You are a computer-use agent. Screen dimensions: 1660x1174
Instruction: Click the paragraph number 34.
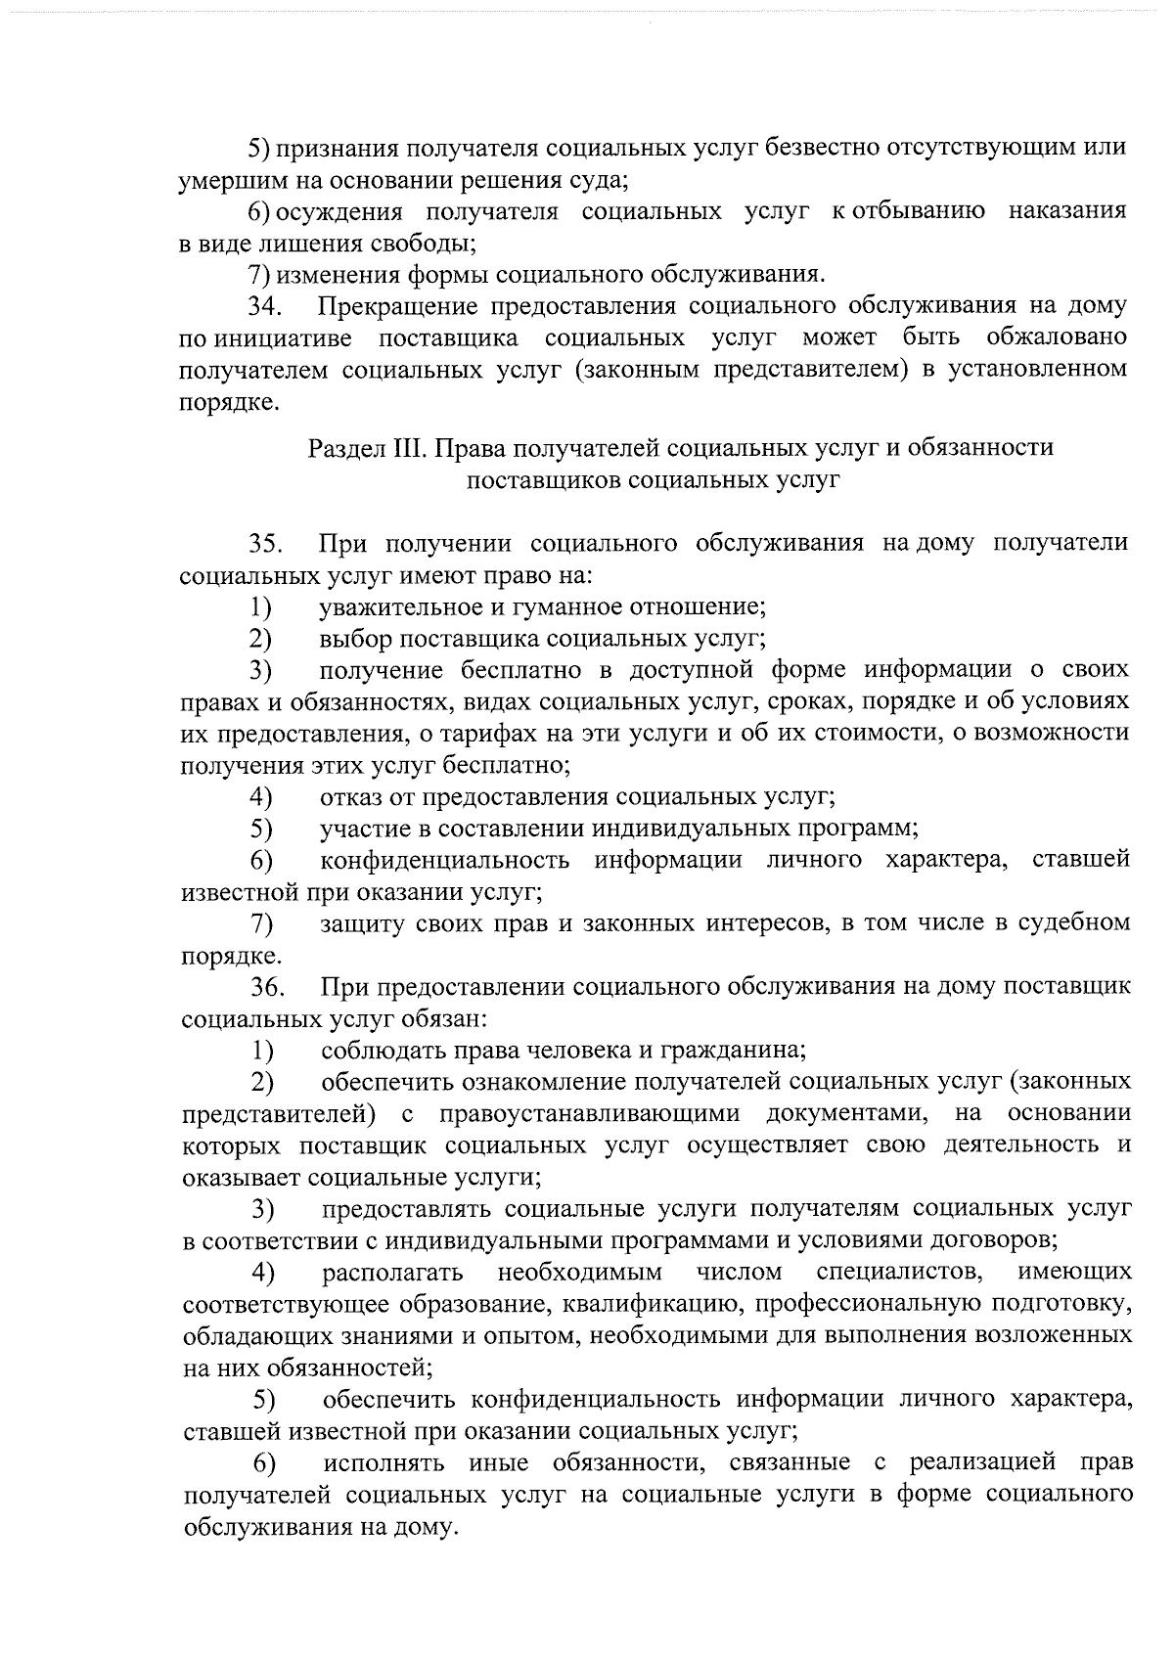264,306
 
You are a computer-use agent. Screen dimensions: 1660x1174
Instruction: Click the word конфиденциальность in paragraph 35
445,860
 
